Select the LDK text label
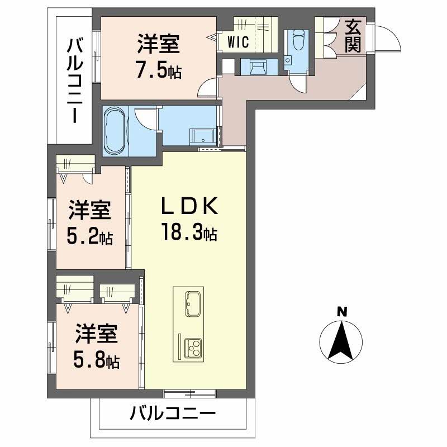[188, 207]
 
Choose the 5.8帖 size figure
[97, 359]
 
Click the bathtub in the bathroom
[116, 131]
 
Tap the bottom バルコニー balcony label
[173, 414]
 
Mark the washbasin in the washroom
[204, 136]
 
